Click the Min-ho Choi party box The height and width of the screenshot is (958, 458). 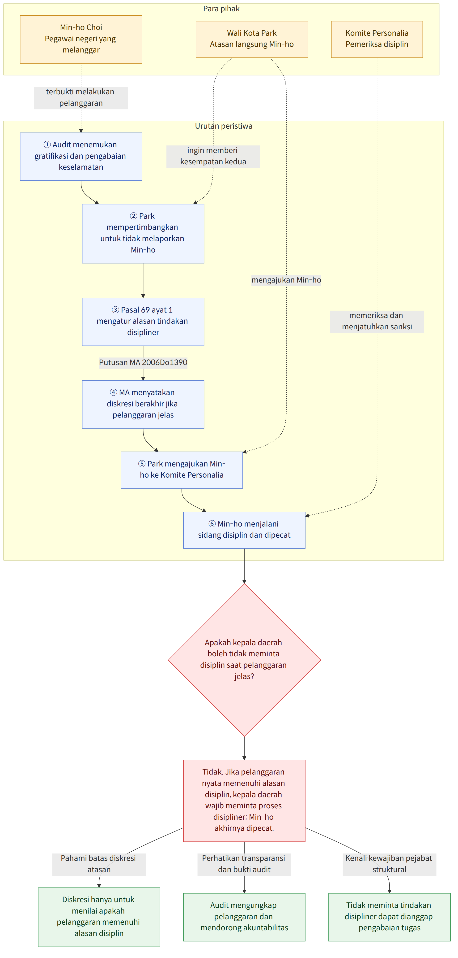pyautogui.click(x=81, y=39)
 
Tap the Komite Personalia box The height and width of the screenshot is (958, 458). pyautogui.click(x=377, y=39)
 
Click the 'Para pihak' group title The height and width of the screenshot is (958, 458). pyautogui.click(x=221, y=9)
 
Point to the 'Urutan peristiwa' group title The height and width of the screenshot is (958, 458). pyautogui.click(x=224, y=126)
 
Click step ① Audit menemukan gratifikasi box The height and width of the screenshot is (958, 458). pyautogui.click(x=81, y=157)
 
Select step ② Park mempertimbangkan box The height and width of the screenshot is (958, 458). pyautogui.click(x=143, y=234)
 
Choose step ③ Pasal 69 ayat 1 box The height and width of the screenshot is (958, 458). pyautogui.click(x=143, y=322)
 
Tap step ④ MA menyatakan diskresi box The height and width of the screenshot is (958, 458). pyautogui.click(x=143, y=404)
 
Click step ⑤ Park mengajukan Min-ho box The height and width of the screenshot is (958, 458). pyautogui.click(x=182, y=470)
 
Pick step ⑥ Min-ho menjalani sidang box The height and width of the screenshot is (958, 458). pyautogui.click(x=244, y=530)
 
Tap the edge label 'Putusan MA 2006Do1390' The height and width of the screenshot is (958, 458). pyautogui.click(x=143, y=362)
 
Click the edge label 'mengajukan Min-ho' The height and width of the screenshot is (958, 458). pyautogui.click(x=286, y=280)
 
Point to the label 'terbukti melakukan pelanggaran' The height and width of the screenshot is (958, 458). pyautogui.click(x=81, y=97)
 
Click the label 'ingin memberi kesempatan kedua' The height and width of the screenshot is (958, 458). pyautogui.click(x=213, y=156)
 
